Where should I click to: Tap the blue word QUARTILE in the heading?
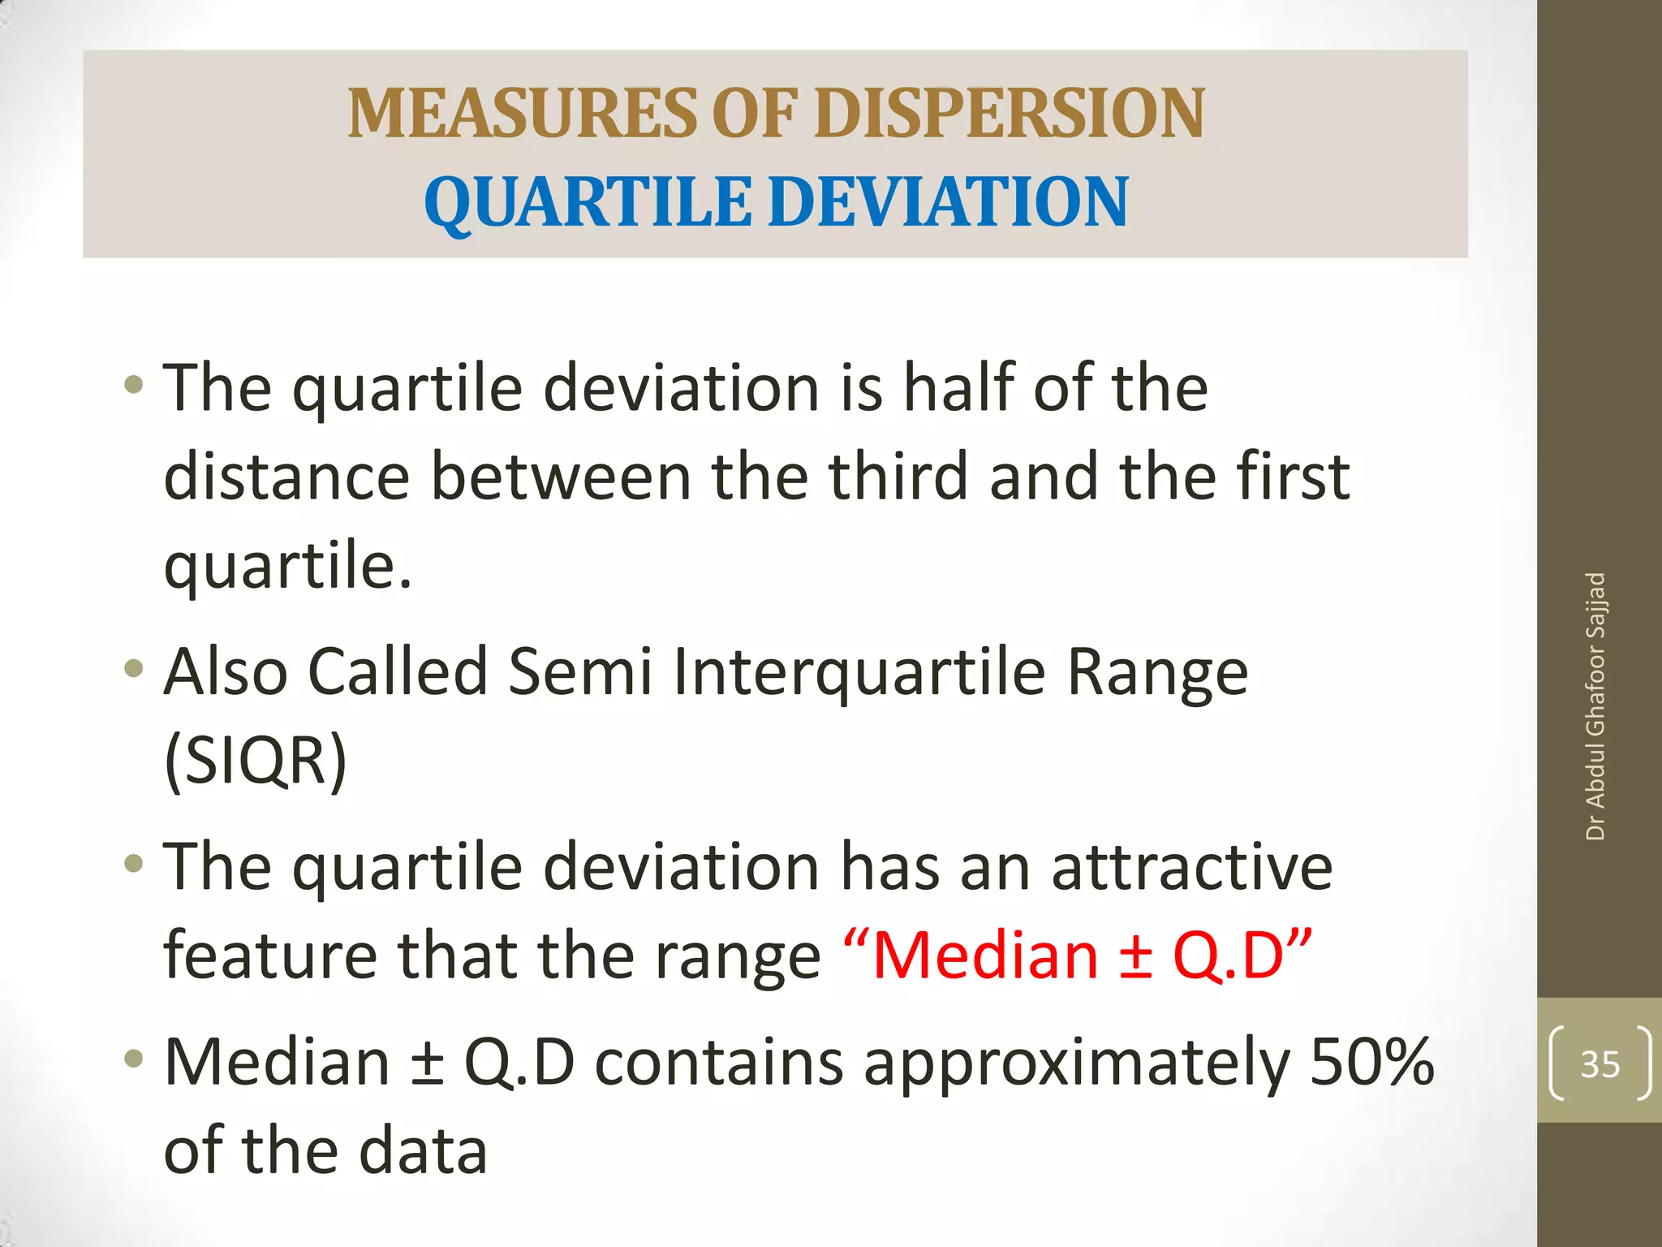(x=587, y=202)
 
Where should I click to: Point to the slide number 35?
(x=1600, y=1064)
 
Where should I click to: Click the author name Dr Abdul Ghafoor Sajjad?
(x=1595, y=706)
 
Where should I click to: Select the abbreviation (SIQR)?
(x=256, y=759)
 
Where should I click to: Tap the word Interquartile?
(x=859, y=672)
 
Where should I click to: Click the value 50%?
(x=1372, y=1061)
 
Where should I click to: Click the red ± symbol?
(x=1135, y=956)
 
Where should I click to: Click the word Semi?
(x=580, y=672)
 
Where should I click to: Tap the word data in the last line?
(x=423, y=1150)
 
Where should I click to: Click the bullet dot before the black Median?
(x=134, y=1059)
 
